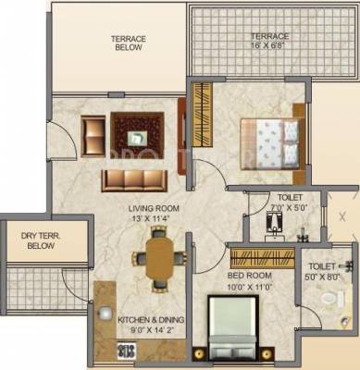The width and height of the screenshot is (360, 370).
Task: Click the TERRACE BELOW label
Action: (130, 44)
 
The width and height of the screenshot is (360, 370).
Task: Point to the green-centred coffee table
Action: (138, 136)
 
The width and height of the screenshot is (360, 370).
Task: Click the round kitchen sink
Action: (109, 319)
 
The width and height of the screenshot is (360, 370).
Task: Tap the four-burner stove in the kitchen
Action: (121, 351)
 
